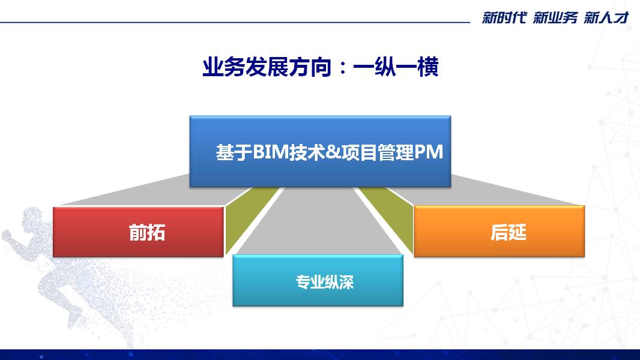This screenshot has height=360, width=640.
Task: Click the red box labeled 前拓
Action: coord(138,232)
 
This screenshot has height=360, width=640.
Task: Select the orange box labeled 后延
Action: coord(499,232)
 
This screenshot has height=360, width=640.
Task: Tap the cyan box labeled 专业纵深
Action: coord(318,280)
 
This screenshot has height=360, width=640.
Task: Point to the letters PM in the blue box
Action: coord(429,152)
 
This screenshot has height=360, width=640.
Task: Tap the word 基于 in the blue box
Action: coord(234,152)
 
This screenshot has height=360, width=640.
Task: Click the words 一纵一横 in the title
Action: coord(396,67)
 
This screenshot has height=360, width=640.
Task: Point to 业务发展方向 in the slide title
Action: coord(267,67)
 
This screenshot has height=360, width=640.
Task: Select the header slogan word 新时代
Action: coord(504,17)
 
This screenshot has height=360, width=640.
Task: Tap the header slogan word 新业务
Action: coord(555,17)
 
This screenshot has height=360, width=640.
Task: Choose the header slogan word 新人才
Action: coord(606,17)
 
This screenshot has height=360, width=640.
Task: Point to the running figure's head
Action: coord(32,218)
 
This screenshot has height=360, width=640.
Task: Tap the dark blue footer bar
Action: coord(320,354)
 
